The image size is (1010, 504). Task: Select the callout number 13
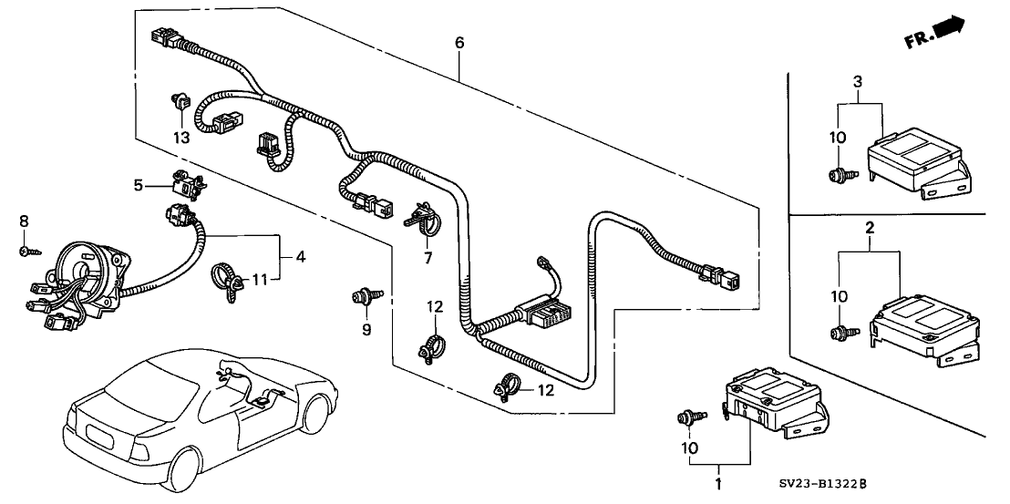click(182, 137)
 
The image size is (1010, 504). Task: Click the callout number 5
click(139, 184)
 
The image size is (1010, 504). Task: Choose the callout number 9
click(366, 329)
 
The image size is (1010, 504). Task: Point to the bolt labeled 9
click(366, 296)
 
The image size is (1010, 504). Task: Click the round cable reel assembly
click(81, 273)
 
